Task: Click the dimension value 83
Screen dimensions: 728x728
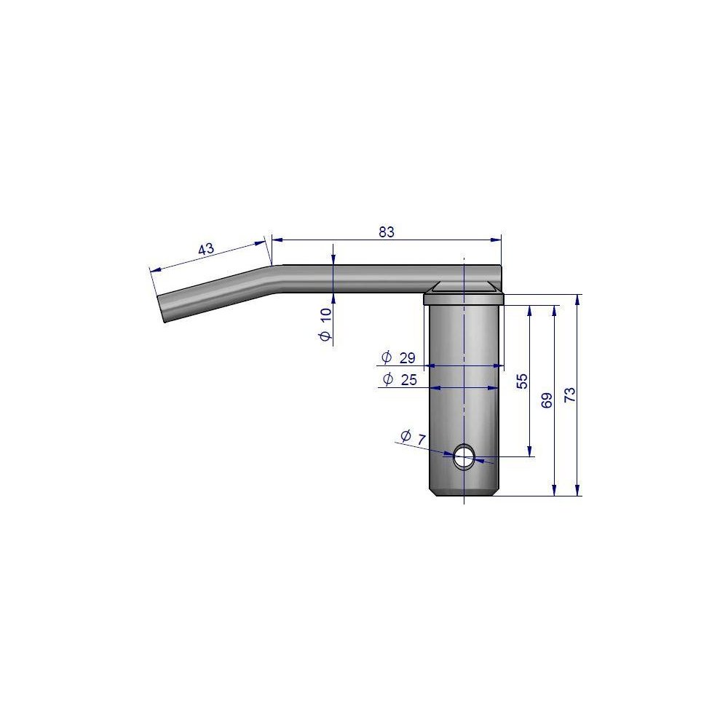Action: [387, 232]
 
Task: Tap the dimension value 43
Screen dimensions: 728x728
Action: [206, 249]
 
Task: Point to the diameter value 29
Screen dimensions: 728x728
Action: [407, 357]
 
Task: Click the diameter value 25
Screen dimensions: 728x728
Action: [408, 380]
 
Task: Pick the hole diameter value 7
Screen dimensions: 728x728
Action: [421, 440]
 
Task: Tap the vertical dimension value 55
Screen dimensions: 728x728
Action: [522, 381]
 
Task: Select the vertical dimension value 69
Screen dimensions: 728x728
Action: [547, 400]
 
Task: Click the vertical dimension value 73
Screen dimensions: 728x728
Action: [570, 395]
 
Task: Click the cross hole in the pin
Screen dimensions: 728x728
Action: [464, 456]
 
